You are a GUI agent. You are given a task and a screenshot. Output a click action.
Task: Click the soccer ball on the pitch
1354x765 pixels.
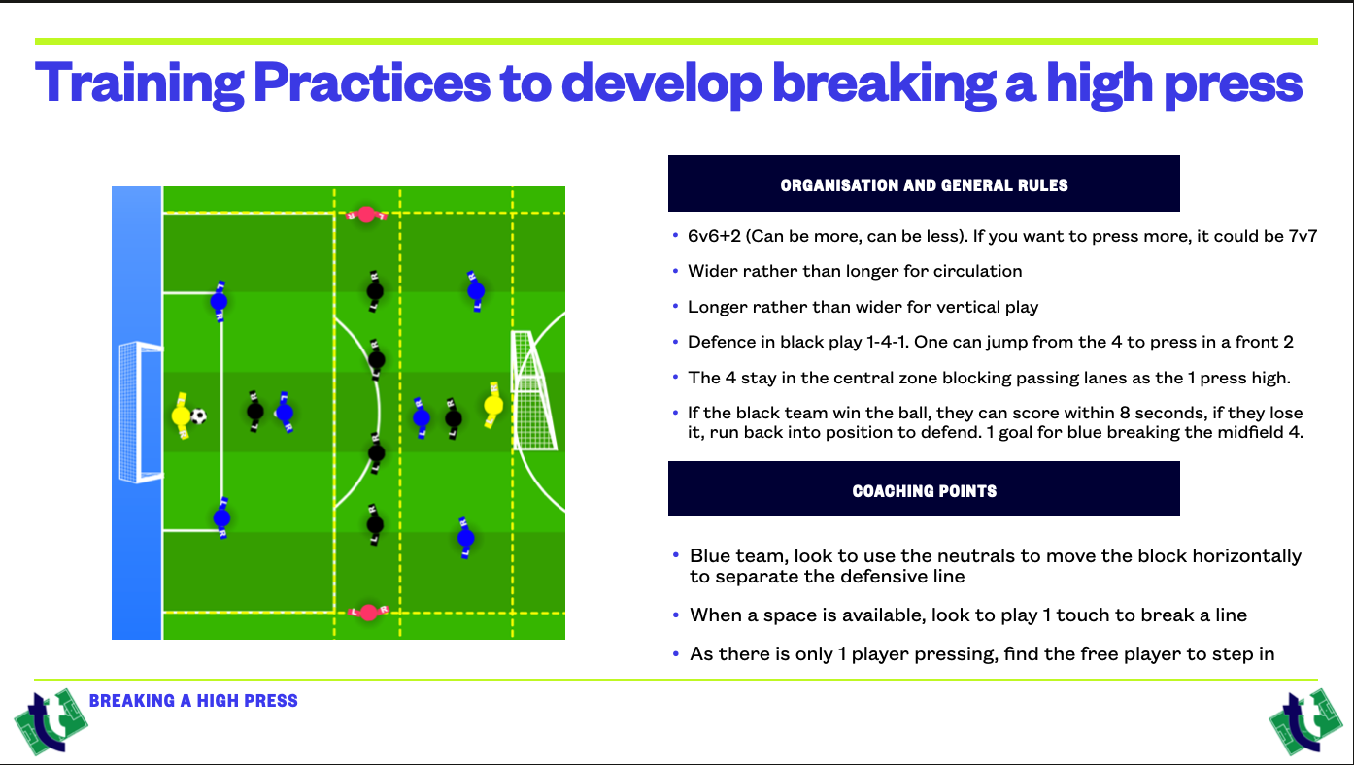tap(199, 416)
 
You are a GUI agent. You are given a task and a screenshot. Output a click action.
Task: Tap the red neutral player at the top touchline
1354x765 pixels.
tap(366, 215)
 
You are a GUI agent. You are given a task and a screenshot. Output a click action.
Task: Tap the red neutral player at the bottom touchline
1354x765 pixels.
tap(369, 613)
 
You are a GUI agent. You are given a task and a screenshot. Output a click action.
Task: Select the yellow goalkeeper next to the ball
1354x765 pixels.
tap(181, 416)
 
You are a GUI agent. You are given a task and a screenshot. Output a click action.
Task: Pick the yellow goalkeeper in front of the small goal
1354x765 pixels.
tap(493, 405)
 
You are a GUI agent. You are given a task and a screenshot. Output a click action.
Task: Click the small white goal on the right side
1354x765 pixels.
tap(532, 390)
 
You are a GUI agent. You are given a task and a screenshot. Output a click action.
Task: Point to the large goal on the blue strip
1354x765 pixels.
tap(140, 412)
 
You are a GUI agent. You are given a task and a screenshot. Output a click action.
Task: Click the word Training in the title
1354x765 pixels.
tap(140, 83)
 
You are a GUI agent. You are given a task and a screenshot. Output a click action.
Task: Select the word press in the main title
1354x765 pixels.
tap(1234, 85)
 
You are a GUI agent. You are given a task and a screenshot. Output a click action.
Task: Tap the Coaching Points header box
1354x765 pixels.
tap(924, 489)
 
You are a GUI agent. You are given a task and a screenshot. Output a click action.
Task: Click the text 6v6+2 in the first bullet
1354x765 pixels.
tap(714, 236)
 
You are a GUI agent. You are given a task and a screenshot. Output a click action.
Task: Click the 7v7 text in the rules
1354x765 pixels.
tap(1303, 236)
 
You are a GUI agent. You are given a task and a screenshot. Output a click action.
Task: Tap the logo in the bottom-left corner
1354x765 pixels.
tap(51, 721)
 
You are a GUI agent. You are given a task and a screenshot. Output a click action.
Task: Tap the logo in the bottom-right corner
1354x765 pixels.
tap(1305, 721)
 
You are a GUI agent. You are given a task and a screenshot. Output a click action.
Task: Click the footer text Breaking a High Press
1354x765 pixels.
tap(193, 700)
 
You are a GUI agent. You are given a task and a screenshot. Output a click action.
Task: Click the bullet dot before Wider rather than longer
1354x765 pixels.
tap(675, 271)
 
